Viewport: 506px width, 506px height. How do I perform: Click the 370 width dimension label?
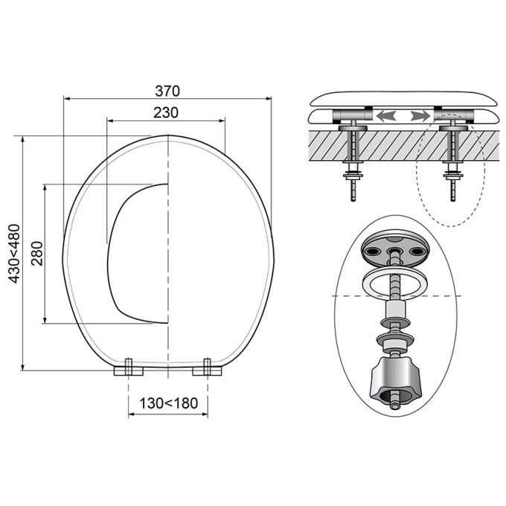pyautogui.click(x=167, y=91)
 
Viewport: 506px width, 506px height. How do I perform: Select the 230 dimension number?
pyautogui.click(x=165, y=112)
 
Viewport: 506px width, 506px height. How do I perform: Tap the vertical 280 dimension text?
pyautogui.click(x=37, y=253)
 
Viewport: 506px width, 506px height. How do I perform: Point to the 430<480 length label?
pyautogui.click(x=15, y=253)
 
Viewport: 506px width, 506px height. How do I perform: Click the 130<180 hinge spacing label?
pyautogui.click(x=168, y=403)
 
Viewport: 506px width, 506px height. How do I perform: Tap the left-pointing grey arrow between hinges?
pyautogui.click(x=386, y=116)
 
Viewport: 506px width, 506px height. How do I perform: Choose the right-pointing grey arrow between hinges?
pyautogui.click(x=421, y=116)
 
